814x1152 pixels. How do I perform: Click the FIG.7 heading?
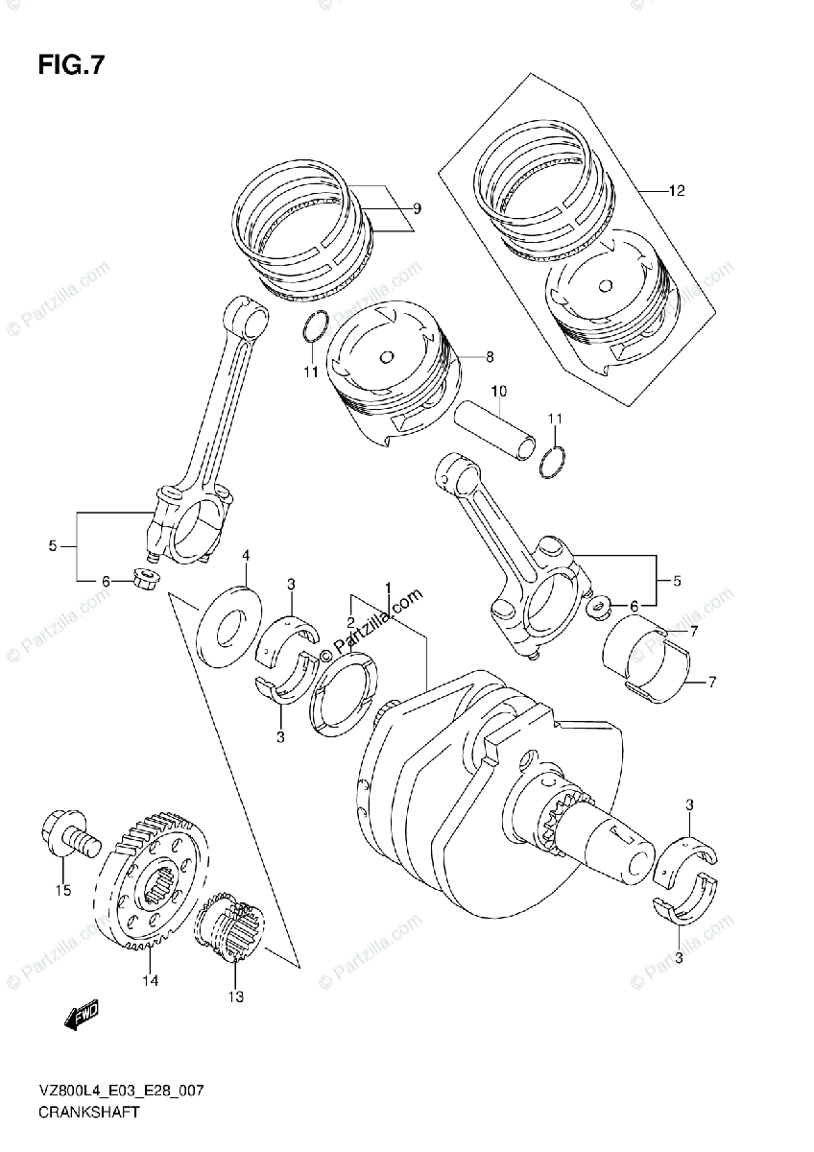click(71, 66)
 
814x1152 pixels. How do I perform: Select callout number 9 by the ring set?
click(417, 208)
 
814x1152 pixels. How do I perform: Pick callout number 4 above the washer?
click(246, 556)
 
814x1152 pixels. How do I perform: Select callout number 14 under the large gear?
click(151, 980)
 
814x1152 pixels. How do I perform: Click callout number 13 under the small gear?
click(236, 997)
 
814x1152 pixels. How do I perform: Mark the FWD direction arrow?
click(81, 1016)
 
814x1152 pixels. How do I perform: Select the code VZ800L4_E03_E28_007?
click(121, 1092)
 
